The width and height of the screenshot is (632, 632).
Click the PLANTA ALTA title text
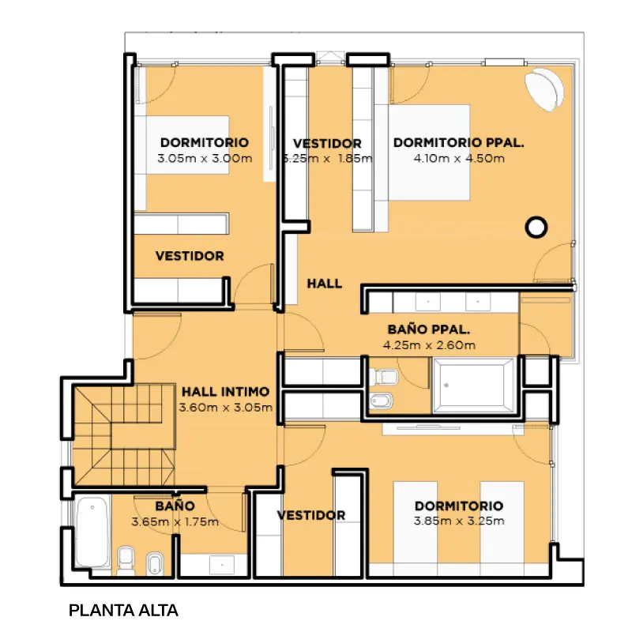click(x=123, y=611)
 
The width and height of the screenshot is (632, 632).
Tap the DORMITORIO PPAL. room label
click(x=459, y=143)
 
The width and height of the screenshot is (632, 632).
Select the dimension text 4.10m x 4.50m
click(x=459, y=159)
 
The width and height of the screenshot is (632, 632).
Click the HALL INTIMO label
click(x=225, y=391)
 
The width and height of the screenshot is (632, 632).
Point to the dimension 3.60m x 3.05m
click(x=226, y=408)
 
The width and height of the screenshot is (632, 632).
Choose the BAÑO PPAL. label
click(x=429, y=329)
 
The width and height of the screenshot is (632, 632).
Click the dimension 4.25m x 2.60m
click(x=429, y=345)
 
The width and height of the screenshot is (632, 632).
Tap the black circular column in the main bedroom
click(x=536, y=227)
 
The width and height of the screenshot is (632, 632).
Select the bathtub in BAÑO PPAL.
click(x=474, y=386)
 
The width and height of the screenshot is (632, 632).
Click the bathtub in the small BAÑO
click(x=92, y=531)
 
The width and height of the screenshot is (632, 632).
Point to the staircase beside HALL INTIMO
click(x=123, y=434)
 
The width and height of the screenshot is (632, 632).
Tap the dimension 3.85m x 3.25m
click(x=459, y=521)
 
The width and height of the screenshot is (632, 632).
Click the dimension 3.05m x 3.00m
click(x=205, y=159)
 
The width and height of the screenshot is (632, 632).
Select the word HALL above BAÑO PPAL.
click(x=325, y=284)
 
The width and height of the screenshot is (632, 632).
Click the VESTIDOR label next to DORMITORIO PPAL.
click(x=327, y=144)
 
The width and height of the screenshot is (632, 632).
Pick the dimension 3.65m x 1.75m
click(x=175, y=522)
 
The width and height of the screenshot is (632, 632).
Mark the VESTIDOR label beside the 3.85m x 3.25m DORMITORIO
click(x=311, y=515)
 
